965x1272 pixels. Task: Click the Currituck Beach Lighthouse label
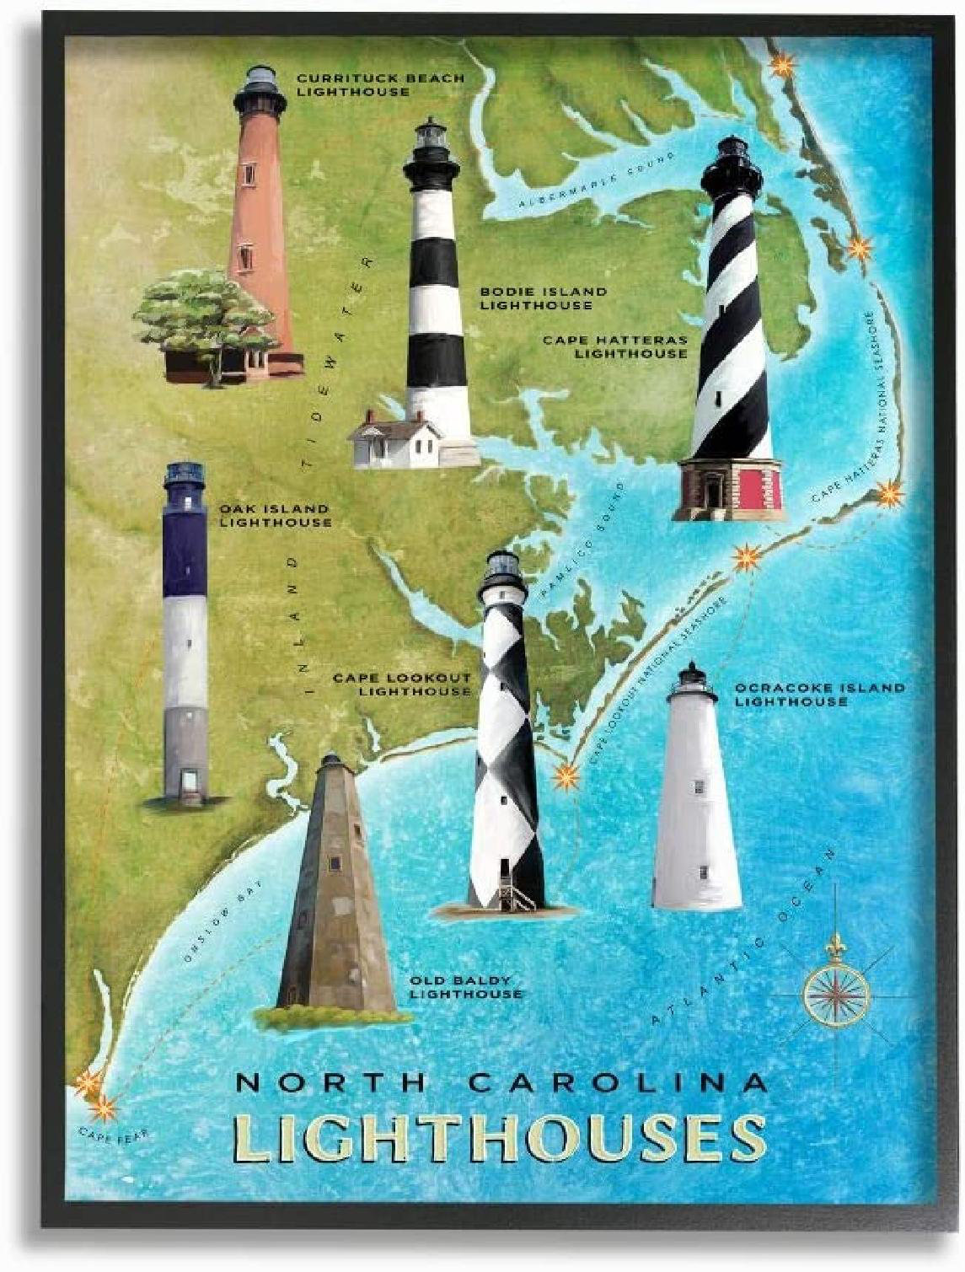click(379, 84)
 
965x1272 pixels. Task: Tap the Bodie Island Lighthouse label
click(543, 298)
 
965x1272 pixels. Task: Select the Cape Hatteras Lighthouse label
click(615, 346)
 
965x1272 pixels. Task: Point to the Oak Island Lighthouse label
click(275, 516)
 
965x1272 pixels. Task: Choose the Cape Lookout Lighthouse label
click(402, 684)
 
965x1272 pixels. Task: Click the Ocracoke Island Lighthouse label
click(819, 695)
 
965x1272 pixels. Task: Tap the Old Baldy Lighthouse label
click(465, 987)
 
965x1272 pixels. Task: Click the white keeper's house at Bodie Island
click(396, 439)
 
